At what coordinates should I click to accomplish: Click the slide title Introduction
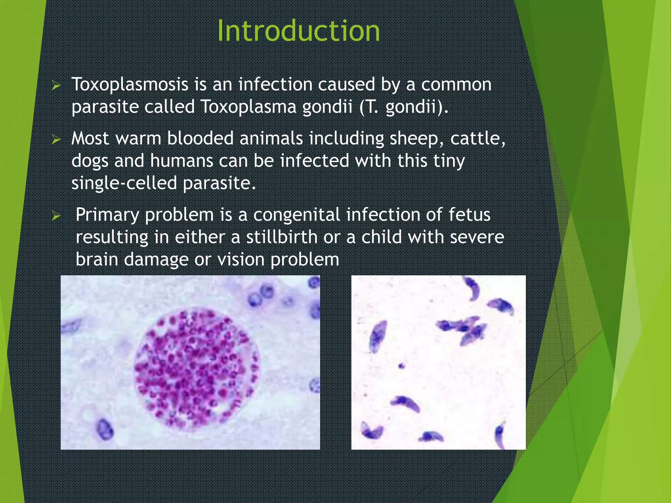coord(298,31)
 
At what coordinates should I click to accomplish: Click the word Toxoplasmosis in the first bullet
coord(130,84)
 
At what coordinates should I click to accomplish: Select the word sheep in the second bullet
coord(414,139)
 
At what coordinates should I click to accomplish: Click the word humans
coord(182,161)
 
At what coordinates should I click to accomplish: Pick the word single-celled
coord(124,183)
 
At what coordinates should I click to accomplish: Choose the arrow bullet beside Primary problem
coord(56,216)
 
